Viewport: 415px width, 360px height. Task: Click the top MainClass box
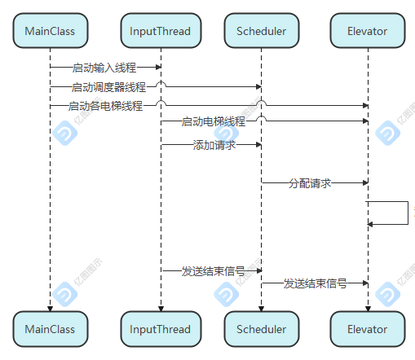click(51, 31)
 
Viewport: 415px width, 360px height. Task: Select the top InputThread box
click(161, 31)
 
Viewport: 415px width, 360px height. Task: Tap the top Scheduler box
click(262, 31)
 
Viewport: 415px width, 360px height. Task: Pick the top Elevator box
click(368, 31)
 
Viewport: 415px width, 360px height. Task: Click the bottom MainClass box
click(51, 329)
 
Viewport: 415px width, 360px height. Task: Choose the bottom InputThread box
click(161, 329)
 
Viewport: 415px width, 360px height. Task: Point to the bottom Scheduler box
click(262, 329)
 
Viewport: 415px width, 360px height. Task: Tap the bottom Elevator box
click(368, 329)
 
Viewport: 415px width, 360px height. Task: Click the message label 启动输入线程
click(104, 68)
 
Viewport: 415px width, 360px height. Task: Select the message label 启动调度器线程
click(108, 87)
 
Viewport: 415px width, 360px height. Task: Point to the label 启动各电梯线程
click(105, 106)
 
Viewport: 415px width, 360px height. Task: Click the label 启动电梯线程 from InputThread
click(214, 121)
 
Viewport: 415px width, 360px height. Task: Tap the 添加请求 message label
click(214, 145)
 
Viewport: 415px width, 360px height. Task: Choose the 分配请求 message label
click(310, 183)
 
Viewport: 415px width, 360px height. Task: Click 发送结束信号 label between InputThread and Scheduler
click(214, 271)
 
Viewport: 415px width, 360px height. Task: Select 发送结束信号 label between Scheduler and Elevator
click(316, 283)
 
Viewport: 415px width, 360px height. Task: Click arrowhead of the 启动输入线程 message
click(158, 67)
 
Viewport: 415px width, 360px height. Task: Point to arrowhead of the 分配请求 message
click(365, 182)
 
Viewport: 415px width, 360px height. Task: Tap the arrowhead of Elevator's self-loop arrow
click(370, 224)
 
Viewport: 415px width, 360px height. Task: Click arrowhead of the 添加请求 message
click(258, 145)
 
